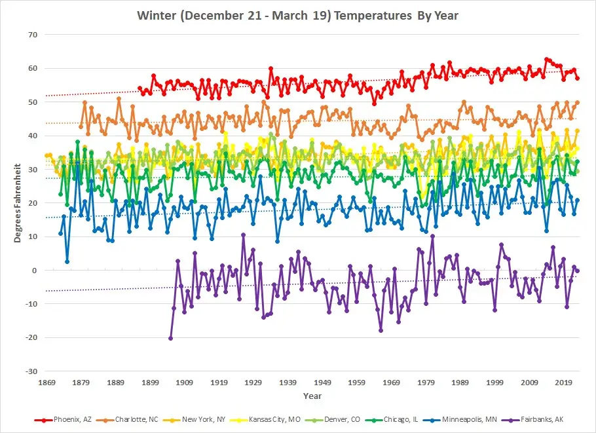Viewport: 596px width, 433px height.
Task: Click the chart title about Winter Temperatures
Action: click(298, 14)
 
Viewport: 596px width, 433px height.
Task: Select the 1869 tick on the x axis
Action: click(47, 382)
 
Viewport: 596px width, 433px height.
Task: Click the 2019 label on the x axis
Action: click(564, 382)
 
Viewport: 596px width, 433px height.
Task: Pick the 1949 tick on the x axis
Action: click(322, 382)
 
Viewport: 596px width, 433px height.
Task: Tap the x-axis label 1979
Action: click(426, 382)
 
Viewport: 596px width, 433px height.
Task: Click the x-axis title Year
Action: click(312, 396)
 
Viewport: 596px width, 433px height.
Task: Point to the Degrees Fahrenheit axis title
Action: click(18, 203)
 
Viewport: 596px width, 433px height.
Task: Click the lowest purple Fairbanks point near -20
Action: click(171, 338)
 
